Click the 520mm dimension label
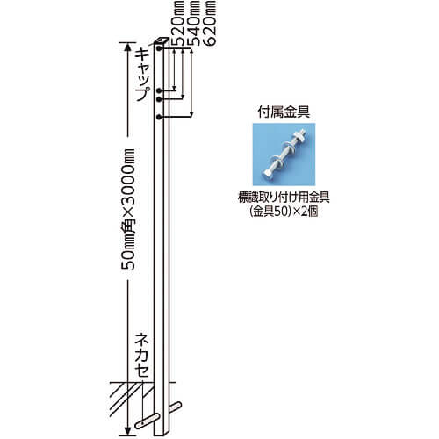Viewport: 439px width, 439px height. coord(179,23)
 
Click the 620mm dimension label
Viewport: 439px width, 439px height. coord(209,23)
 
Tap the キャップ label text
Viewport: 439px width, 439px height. coord(143,75)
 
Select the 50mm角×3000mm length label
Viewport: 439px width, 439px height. coord(128,209)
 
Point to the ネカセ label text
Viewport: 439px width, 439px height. coord(141,356)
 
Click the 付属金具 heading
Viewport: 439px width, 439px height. coord(284,112)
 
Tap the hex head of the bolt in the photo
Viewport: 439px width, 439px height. coord(270,175)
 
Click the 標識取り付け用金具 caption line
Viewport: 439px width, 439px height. coord(284,198)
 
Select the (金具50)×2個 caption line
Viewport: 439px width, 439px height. coord(284,212)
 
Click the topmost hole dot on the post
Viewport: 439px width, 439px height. coord(159,48)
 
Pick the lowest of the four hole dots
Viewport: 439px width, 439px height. coord(159,118)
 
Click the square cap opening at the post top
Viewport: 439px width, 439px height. coord(162,40)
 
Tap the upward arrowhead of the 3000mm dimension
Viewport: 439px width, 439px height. coord(127,47)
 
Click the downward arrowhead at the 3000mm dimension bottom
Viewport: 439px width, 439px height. coord(127,431)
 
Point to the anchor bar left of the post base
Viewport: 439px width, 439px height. coord(147,421)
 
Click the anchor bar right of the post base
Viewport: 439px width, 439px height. coord(176,407)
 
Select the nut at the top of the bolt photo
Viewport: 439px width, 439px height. coord(299,135)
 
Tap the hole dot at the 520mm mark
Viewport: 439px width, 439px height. coord(159,90)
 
